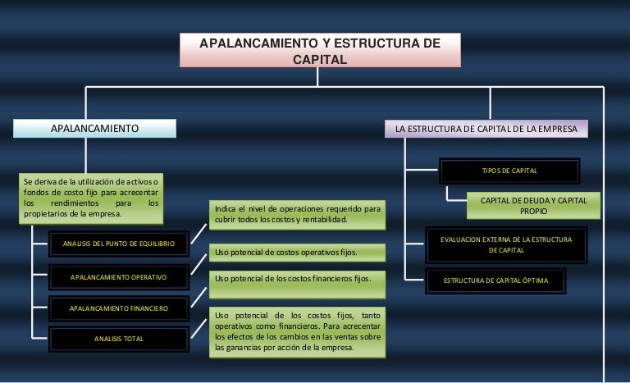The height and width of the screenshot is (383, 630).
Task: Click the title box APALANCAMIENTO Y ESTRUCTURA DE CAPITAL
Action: [320, 50]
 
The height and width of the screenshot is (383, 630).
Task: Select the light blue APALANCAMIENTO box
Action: [94, 129]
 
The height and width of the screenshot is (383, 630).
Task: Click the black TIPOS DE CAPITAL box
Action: [509, 171]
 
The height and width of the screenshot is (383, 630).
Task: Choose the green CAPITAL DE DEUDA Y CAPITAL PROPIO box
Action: [533, 206]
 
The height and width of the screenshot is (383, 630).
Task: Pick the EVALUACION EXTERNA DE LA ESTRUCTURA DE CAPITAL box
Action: [506, 244]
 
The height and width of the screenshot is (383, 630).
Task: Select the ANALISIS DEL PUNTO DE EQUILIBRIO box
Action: [118, 242]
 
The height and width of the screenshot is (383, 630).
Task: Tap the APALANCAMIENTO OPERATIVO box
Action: [118, 277]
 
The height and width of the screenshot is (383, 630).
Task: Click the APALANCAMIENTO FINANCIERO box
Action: [118, 308]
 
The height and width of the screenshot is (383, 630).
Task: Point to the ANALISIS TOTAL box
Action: [118, 338]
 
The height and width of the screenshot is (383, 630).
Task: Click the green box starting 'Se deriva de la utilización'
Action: [91, 197]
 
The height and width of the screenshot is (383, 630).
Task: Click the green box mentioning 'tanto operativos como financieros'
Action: [297, 331]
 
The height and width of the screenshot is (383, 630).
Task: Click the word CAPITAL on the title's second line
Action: [320, 59]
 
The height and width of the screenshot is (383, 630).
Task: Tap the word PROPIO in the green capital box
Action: [533, 212]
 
